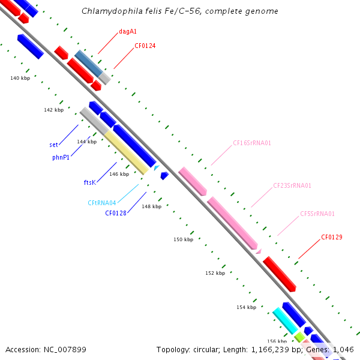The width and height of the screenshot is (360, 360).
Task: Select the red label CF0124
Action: [x=145, y=46]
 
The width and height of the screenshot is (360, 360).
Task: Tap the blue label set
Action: [x=53, y=145]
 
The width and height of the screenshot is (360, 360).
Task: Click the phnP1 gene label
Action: [x=61, y=157]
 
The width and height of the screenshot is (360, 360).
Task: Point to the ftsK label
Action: [x=89, y=182]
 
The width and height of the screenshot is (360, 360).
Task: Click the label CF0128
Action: [x=116, y=212]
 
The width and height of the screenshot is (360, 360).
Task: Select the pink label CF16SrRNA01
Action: [x=252, y=143]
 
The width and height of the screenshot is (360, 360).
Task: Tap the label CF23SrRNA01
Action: [x=292, y=185]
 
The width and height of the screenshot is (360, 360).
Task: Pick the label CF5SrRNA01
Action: [x=317, y=214]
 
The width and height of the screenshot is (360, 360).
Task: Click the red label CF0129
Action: [x=331, y=237]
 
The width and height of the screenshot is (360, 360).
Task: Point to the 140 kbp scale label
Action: [x=20, y=78]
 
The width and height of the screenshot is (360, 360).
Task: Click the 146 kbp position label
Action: [x=119, y=174]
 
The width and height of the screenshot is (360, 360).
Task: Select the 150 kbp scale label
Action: [x=183, y=239]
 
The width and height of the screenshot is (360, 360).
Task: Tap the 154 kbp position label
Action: [x=246, y=307]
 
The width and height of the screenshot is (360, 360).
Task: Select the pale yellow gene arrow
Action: [x=127, y=153]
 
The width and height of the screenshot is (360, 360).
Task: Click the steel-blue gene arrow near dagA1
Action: [x=88, y=63]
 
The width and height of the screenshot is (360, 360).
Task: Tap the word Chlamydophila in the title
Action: [x=107, y=11]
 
